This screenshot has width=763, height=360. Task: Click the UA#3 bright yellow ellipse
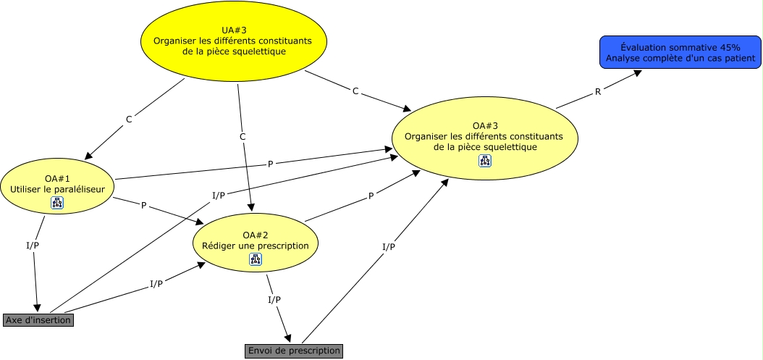coord(234,41)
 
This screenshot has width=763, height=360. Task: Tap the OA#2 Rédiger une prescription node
coord(256,240)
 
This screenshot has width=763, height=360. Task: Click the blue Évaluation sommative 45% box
coord(680,51)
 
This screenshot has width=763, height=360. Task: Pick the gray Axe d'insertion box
coord(38,319)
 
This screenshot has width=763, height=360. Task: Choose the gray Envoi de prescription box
coord(293,351)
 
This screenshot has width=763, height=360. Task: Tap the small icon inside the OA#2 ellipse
coord(256,259)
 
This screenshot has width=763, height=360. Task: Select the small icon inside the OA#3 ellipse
coord(484,161)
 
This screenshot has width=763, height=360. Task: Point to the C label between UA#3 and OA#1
coord(129,119)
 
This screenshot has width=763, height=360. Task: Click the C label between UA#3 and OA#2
coord(243,136)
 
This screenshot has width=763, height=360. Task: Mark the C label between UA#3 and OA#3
coord(355,91)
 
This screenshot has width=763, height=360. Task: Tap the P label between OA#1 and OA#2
coord(143,206)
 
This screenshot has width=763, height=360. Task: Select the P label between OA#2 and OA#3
coord(371,196)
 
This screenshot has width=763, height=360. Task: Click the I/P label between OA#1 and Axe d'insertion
coord(33,245)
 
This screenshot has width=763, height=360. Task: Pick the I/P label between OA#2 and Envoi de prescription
coord(274,299)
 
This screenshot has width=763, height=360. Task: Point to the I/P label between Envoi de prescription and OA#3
coord(389,247)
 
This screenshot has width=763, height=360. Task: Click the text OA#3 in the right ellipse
coord(484,125)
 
